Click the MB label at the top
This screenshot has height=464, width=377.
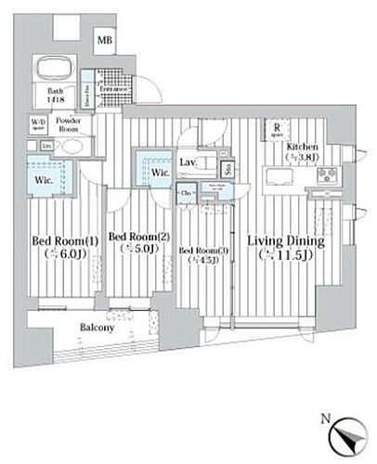(107, 40)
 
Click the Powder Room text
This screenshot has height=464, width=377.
(69, 122)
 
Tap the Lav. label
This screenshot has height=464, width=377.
(187, 163)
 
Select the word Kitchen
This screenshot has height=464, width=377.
(303, 148)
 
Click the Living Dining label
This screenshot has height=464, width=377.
(284, 243)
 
